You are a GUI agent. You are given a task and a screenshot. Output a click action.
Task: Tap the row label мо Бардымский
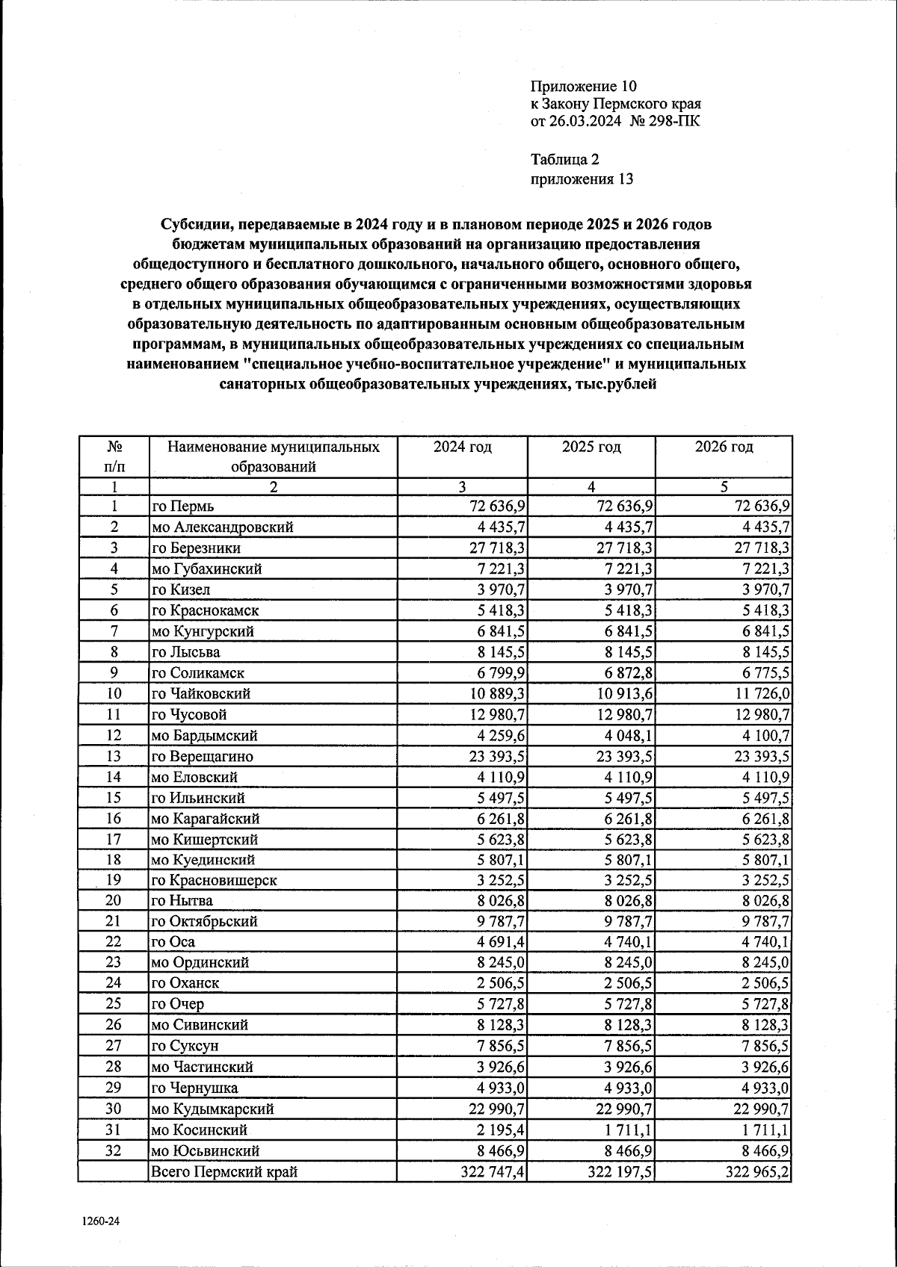pyautogui.click(x=200, y=736)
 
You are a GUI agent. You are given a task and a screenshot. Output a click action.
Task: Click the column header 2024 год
pyautogui.click(x=462, y=447)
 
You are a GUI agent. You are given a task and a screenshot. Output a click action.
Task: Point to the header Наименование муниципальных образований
pyautogui.click(x=273, y=457)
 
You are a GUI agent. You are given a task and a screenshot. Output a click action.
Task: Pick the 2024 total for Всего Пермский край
pyautogui.click(x=493, y=1172)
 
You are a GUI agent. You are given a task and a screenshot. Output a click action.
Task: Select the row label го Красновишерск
pyautogui.click(x=214, y=880)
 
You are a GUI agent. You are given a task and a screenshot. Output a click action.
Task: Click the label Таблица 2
pyautogui.click(x=564, y=159)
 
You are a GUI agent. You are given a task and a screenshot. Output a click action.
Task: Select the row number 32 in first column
pyautogui.click(x=114, y=1151)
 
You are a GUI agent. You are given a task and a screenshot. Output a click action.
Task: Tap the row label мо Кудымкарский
pyautogui.click(x=212, y=1109)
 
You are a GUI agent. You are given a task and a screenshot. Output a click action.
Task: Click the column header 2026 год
pyautogui.click(x=723, y=447)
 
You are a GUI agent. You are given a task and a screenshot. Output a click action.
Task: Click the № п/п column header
pyautogui.click(x=114, y=457)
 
